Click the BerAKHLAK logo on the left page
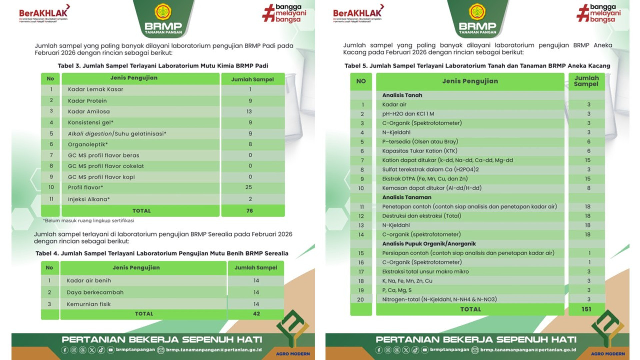[x=44, y=13]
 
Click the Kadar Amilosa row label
[x=89, y=112]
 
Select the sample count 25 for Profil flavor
[x=249, y=187]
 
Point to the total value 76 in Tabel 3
[x=250, y=211]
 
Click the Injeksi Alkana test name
[x=89, y=199]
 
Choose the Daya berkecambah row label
[x=95, y=292]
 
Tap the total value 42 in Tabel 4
[x=256, y=314]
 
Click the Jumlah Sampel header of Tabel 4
[x=256, y=268]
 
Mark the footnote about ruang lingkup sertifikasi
[x=88, y=221]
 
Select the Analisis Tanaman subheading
[x=407, y=197]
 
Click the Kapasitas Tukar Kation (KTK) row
[x=420, y=151]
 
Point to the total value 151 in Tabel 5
[x=586, y=309]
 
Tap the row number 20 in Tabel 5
[x=361, y=300]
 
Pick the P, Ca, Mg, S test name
[x=397, y=290]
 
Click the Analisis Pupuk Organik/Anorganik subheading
[x=429, y=244]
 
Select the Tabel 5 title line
[x=477, y=66]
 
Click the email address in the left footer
[x=214, y=350]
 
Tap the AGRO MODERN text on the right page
[x=608, y=354]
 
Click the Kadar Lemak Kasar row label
[x=95, y=89]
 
